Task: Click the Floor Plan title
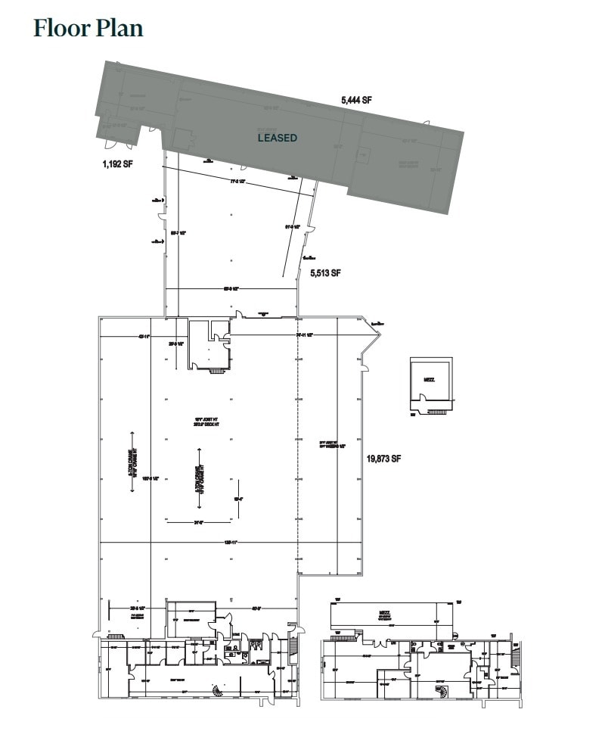(88, 28)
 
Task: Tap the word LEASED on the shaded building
(277, 138)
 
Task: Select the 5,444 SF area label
(357, 100)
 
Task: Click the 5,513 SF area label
(326, 273)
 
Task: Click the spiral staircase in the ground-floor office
(217, 689)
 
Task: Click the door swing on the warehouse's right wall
(365, 368)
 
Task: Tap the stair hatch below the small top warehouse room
(216, 372)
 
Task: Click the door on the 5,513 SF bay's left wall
(161, 219)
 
